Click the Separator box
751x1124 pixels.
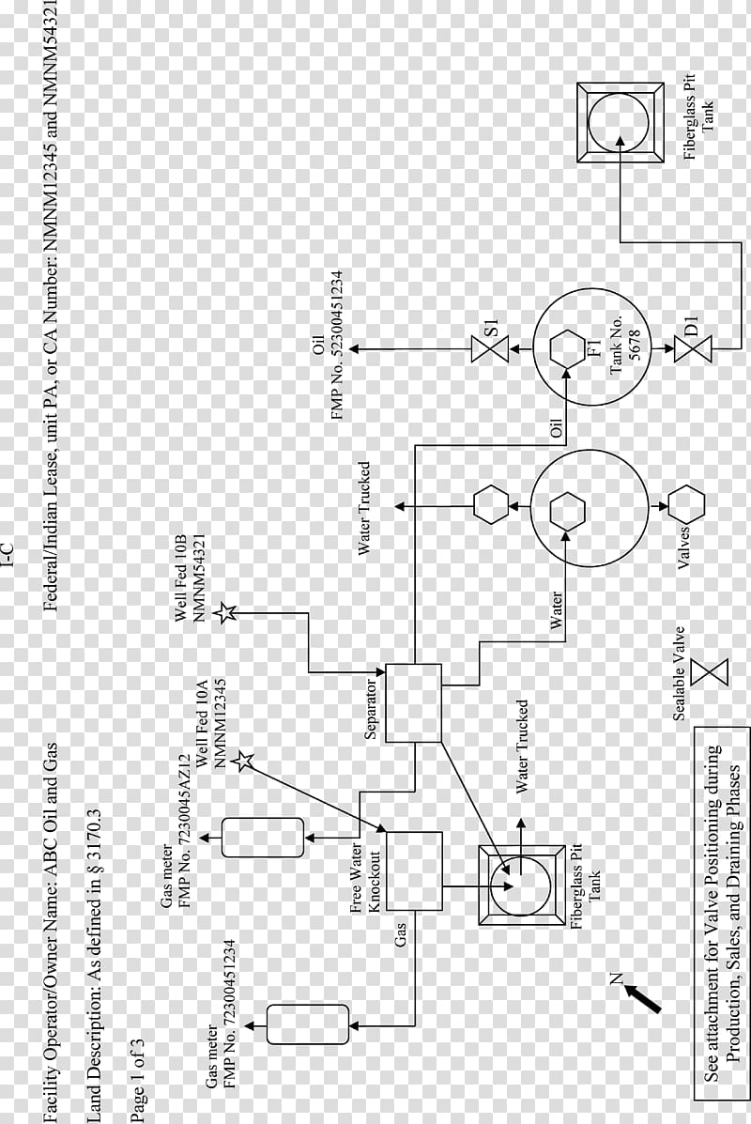click(x=413, y=702)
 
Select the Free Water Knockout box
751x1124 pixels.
click(x=413, y=871)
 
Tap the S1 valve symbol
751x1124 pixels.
click(x=489, y=349)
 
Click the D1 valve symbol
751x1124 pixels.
click(x=694, y=349)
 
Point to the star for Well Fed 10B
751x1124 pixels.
click(x=226, y=612)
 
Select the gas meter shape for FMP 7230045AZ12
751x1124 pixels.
click(x=262, y=838)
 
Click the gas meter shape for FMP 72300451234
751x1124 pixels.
click(x=307, y=1024)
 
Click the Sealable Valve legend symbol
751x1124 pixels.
click(x=710, y=672)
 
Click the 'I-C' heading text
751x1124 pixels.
click(x=8, y=556)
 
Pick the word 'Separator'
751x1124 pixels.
click(x=372, y=708)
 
